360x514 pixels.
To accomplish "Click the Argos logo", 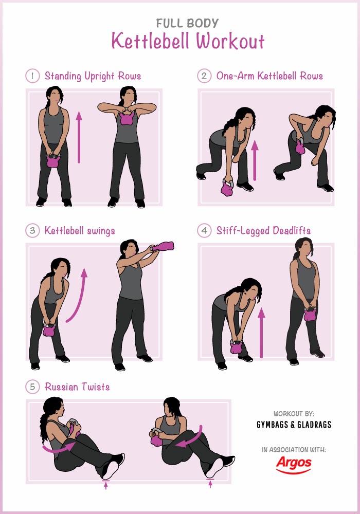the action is pos(294,465).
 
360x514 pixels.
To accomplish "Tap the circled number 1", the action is pos(32,76).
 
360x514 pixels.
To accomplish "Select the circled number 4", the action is pos(204,230).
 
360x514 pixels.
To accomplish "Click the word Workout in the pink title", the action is pos(230,41).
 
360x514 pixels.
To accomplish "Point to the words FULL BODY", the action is pos(187,23).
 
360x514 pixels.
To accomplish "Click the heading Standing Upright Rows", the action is pos(93,76).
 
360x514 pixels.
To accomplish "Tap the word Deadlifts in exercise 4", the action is pos(292,230).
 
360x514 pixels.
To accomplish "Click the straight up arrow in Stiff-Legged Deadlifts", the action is pos(261,333).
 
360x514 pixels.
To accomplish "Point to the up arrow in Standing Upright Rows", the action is pos(79,137).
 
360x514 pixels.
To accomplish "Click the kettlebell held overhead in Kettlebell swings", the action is pos(163,246).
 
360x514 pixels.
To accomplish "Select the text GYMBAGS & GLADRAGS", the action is pos(294,425).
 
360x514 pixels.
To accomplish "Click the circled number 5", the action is pos(32,387).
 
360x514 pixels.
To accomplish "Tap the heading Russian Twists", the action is pos(77,387).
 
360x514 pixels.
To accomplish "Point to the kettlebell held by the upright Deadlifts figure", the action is pos(310,314).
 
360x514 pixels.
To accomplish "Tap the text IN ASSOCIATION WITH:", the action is pos(294,450).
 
